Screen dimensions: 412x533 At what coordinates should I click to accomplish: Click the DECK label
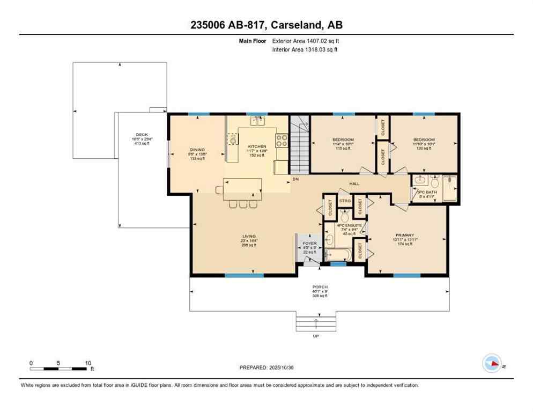click(x=142, y=135)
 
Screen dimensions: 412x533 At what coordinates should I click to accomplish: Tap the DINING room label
click(x=197, y=150)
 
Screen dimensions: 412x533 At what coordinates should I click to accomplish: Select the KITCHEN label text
click(x=257, y=146)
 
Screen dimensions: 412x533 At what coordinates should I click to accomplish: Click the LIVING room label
click(x=249, y=237)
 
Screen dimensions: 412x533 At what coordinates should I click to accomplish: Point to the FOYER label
click(x=309, y=242)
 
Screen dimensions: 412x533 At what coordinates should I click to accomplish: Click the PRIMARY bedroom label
click(x=405, y=235)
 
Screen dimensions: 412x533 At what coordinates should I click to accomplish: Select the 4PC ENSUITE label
click(x=350, y=225)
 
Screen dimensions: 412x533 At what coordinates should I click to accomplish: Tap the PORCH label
click(x=320, y=287)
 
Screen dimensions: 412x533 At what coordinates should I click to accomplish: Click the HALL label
click(x=354, y=183)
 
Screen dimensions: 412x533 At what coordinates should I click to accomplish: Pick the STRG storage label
click(x=345, y=201)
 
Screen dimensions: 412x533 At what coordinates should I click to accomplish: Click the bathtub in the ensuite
click(x=338, y=253)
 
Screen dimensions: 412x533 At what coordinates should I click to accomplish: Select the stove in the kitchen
click(x=282, y=141)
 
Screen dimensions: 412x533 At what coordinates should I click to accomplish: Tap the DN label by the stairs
click(x=295, y=179)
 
